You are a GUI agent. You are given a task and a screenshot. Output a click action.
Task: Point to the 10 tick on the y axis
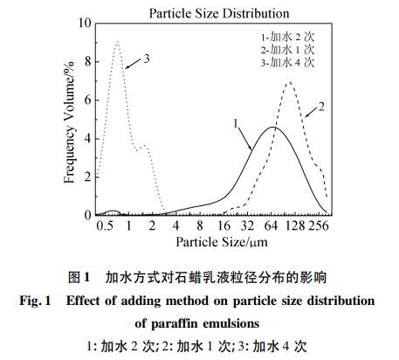(86, 23)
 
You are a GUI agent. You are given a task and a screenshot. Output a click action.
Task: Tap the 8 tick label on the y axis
(86, 61)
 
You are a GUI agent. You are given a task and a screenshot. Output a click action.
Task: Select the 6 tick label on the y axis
(86, 100)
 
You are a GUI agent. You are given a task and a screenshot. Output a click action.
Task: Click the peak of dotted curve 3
(117, 41)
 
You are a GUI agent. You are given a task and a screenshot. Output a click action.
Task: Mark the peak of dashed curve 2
(288, 83)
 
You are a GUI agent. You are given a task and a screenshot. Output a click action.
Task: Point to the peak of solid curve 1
(274, 128)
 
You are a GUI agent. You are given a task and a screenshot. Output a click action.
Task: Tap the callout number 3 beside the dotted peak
(147, 59)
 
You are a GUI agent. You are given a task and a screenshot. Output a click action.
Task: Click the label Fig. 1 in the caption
(34, 301)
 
